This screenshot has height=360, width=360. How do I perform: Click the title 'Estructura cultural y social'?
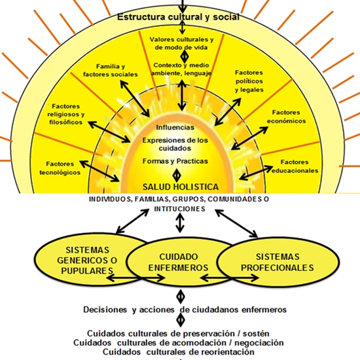pos(178,17)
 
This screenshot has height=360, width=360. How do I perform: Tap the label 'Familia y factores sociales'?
pos(118,71)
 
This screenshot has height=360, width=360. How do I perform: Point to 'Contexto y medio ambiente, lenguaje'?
pos(180,70)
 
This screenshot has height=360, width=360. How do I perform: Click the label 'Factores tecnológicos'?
pos(63,168)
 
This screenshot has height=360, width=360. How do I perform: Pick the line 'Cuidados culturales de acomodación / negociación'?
pos(179,342)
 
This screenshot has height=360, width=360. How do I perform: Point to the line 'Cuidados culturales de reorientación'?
pos(179,351)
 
